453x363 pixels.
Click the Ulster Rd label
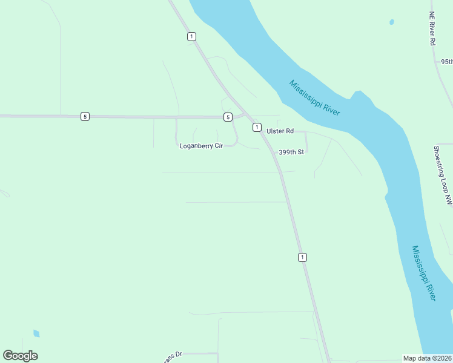281,131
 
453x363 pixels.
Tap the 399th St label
290,152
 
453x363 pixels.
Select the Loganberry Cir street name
202,146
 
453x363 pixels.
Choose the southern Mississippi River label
423,273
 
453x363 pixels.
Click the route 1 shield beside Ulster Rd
257,127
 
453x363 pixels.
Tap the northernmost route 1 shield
191,36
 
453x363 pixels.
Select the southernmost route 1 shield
302,257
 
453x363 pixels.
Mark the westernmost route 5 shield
85,116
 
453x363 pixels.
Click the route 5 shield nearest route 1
227,117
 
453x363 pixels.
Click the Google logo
20,356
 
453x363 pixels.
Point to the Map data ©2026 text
428,358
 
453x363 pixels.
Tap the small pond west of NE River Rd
392,22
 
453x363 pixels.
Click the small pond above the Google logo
36,333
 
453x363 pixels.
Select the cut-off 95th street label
446,62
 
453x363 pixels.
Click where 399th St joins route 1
273,152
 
